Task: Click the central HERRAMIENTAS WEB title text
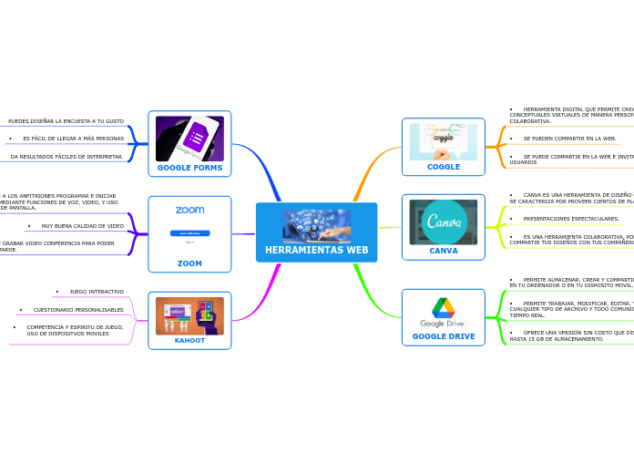click(x=316, y=250)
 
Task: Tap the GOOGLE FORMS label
click(x=189, y=168)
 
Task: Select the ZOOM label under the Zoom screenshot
click(x=189, y=263)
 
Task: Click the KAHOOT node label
click(x=189, y=340)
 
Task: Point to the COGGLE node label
click(x=444, y=167)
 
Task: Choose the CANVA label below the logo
click(x=444, y=251)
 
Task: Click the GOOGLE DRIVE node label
click(x=444, y=336)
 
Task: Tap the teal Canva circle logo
click(x=444, y=222)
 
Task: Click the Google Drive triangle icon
click(x=444, y=307)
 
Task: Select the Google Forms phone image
click(x=189, y=139)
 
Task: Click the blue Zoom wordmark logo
click(x=189, y=211)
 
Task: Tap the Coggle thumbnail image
click(x=444, y=141)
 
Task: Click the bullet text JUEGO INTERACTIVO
click(x=97, y=292)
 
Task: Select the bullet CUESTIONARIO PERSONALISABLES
click(x=78, y=310)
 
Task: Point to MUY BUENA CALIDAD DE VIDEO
click(x=82, y=226)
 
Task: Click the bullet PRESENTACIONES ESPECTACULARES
click(x=571, y=219)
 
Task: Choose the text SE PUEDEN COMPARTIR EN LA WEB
click(x=569, y=139)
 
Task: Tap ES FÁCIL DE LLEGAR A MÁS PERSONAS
click(x=73, y=139)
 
